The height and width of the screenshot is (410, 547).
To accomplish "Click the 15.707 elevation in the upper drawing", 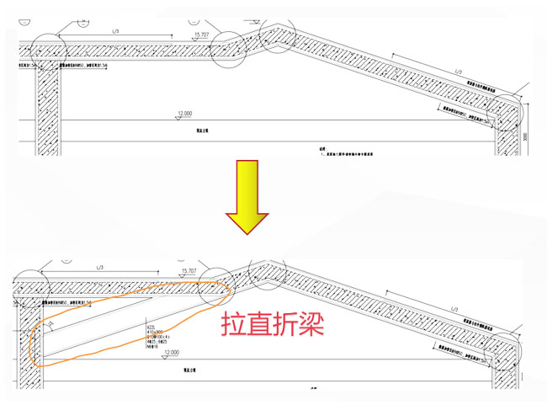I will (201, 35).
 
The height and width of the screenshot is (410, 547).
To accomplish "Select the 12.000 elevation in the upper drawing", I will (184, 113).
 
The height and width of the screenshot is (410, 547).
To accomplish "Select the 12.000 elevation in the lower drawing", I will (172, 351).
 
